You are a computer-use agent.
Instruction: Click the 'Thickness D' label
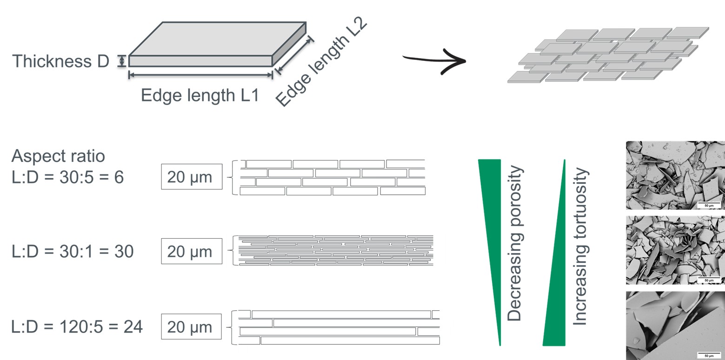60,61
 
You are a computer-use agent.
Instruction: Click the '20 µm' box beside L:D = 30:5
191,177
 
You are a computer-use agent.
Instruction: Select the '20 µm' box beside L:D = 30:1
191,252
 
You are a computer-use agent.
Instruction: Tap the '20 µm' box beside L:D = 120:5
191,327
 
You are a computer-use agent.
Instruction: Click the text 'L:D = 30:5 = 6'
68,177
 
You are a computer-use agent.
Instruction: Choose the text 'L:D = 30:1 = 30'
73,252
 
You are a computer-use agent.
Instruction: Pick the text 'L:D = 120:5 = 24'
77,327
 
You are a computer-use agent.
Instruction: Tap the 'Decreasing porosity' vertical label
515,244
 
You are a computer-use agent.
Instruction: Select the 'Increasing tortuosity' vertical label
581,247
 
